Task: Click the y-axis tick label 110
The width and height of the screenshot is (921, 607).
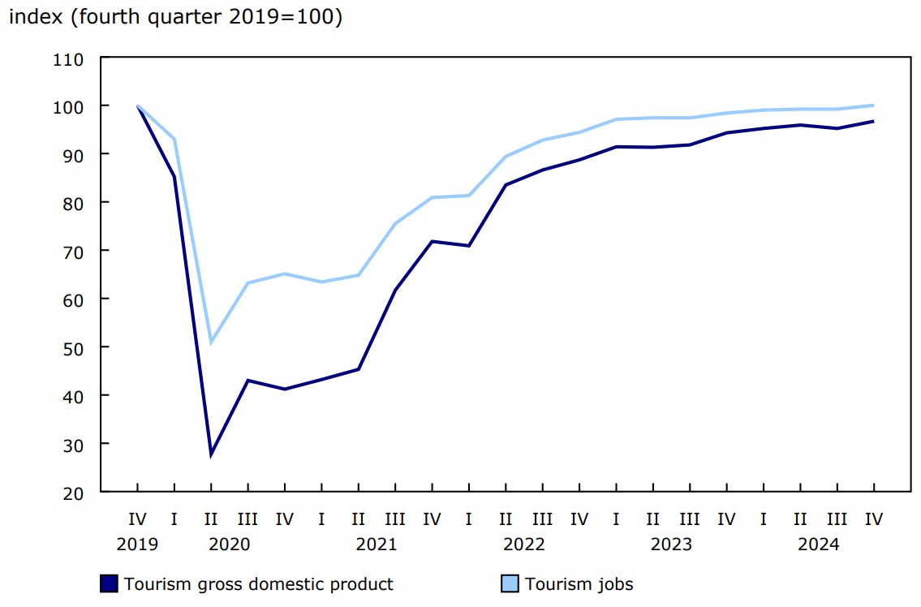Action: click(68, 58)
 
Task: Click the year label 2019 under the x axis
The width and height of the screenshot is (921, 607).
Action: click(137, 545)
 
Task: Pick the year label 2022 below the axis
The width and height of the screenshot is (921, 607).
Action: click(523, 545)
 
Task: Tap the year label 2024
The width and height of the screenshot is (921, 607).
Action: click(818, 545)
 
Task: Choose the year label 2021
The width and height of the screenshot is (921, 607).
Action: click(377, 545)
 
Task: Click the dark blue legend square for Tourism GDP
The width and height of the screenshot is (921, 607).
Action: click(109, 584)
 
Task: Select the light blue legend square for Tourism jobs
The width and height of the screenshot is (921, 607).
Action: click(510, 584)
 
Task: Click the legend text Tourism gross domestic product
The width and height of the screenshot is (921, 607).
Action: click(258, 584)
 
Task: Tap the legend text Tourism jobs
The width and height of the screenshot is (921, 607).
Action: click(579, 584)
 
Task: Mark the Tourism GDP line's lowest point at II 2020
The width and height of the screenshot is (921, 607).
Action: click(211, 454)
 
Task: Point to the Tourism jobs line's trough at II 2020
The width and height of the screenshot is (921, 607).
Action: click(211, 342)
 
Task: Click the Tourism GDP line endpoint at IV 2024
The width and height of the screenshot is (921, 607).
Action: click(873, 122)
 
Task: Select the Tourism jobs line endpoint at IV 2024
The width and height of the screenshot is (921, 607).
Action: click(873, 105)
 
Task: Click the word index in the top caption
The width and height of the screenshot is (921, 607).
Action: click(36, 18)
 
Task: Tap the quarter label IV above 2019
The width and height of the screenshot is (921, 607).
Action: click(137, 519)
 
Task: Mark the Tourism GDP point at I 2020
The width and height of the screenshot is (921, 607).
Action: click(174, 177)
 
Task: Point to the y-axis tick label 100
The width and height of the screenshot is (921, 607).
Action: click(68, 106)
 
